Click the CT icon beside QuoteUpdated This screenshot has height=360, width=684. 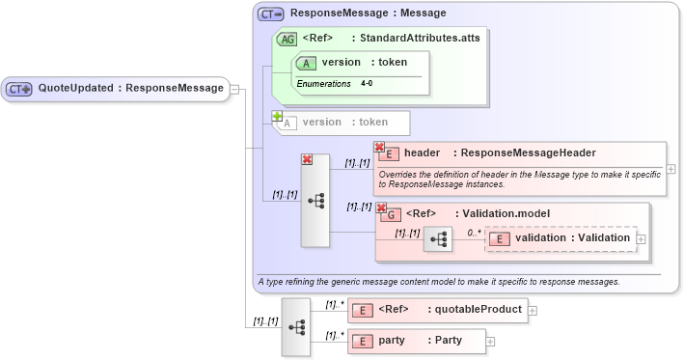click(x=19, y=89)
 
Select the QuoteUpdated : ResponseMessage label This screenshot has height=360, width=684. click(x=130, y=89)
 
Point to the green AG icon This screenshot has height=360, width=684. click(x=287, y=39)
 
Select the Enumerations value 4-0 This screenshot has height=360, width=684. click(x=367, y=84)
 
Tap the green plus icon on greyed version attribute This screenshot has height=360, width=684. click(x=276, y=115)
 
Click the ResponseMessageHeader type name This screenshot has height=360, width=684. click(x=528, y=152)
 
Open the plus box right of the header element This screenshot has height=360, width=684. click(x=670, y=168)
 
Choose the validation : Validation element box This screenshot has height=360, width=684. click(x=561, y=237)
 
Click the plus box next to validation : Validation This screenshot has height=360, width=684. click(x=641, y=238)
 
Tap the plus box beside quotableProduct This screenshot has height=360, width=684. click(x=533, y=311)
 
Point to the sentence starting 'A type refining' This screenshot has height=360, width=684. click(x=437, y=282)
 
